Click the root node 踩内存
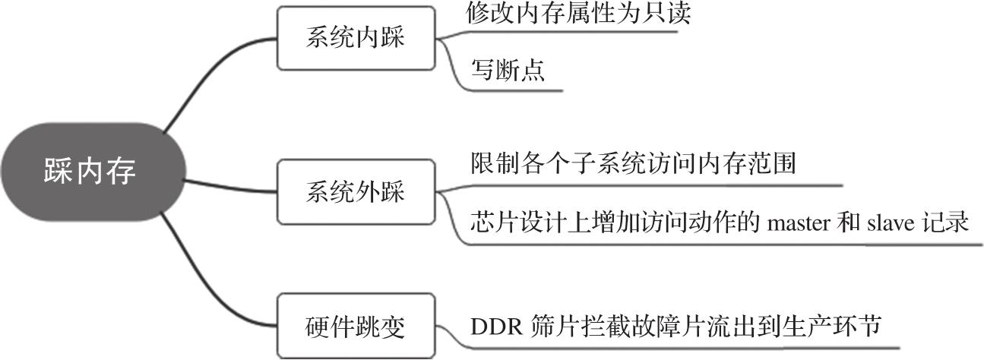coord(92,172)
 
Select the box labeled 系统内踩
coord(356,38)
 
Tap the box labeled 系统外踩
coord(356,191)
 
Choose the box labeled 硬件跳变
coord(356,327)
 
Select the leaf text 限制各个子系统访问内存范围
coord(633,163)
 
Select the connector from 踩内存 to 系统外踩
coord(232,185)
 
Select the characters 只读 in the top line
coord(670,13)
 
